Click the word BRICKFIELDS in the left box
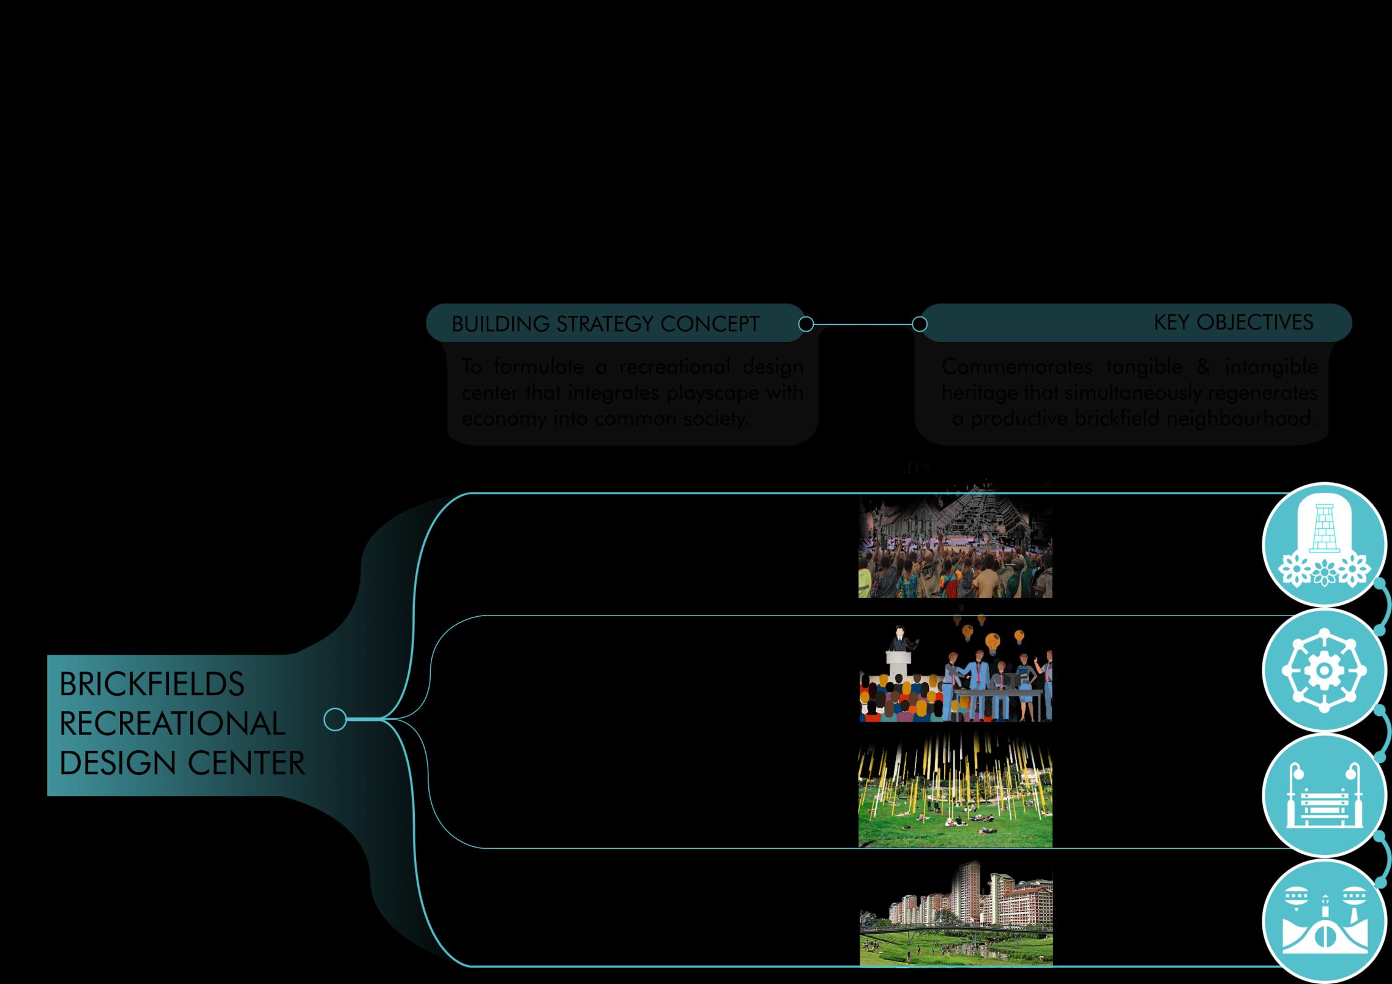click(152, 684)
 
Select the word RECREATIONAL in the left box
click(172, 724)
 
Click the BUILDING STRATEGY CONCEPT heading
click(605, 324)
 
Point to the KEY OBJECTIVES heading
click(1233, 322)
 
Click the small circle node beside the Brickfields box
click(335, 720)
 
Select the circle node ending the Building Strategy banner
click(806, 324)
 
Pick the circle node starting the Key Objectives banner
click(919, 324)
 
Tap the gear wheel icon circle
click(1324, 671)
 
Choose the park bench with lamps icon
click(1324, 795)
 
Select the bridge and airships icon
click(1324, 921)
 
